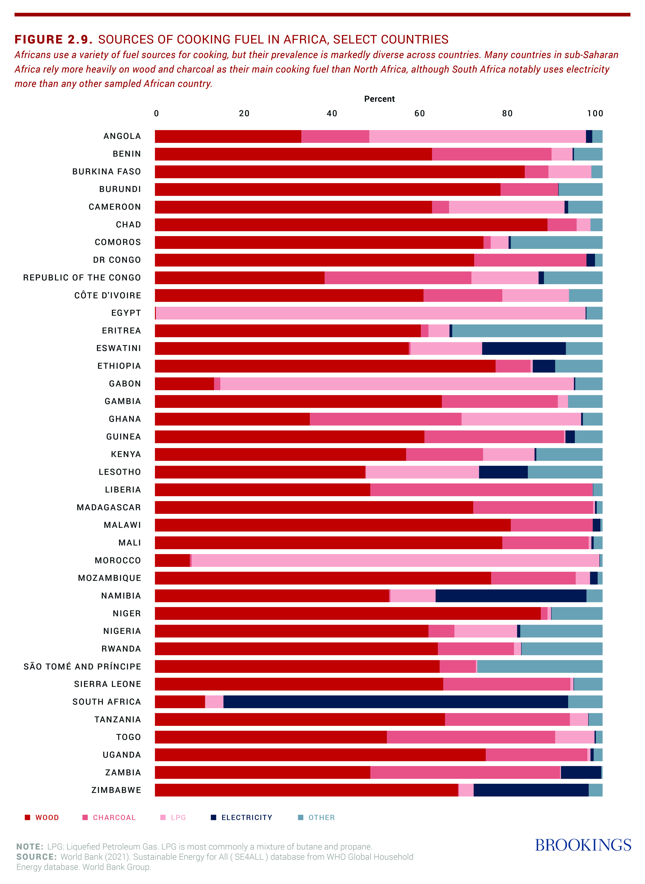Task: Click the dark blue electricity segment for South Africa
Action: (x=396, y=701)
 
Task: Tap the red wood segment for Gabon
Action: (x=184, y=384)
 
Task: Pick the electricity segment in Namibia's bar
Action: (x=511, y=596)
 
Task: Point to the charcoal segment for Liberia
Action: (x=481, y=489)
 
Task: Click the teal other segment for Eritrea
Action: (x=527, y=331)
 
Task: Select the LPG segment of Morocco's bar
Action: (x=395, y=560)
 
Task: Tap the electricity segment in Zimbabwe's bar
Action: (x=531, y=790)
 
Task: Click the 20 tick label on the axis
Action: (x=244, y=114)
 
